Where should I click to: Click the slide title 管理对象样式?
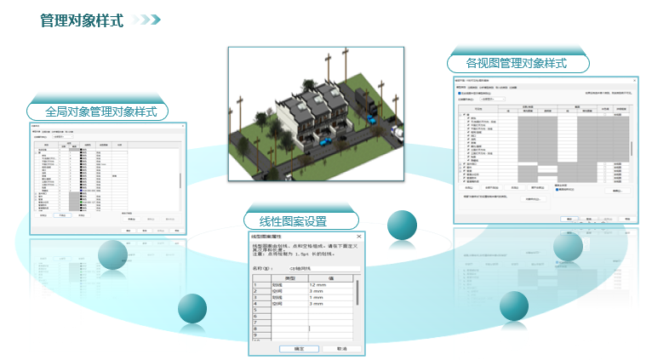point(82,20)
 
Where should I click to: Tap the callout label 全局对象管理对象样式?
point(100,111)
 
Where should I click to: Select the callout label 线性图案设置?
point(287,221)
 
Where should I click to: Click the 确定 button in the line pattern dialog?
point(300,348)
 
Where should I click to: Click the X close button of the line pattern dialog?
point(358,236)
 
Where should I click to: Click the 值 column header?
point(329,277)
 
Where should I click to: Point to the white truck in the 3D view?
point(397,134)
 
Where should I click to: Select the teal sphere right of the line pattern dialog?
point(402,226)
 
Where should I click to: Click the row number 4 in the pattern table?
point(255,303)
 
